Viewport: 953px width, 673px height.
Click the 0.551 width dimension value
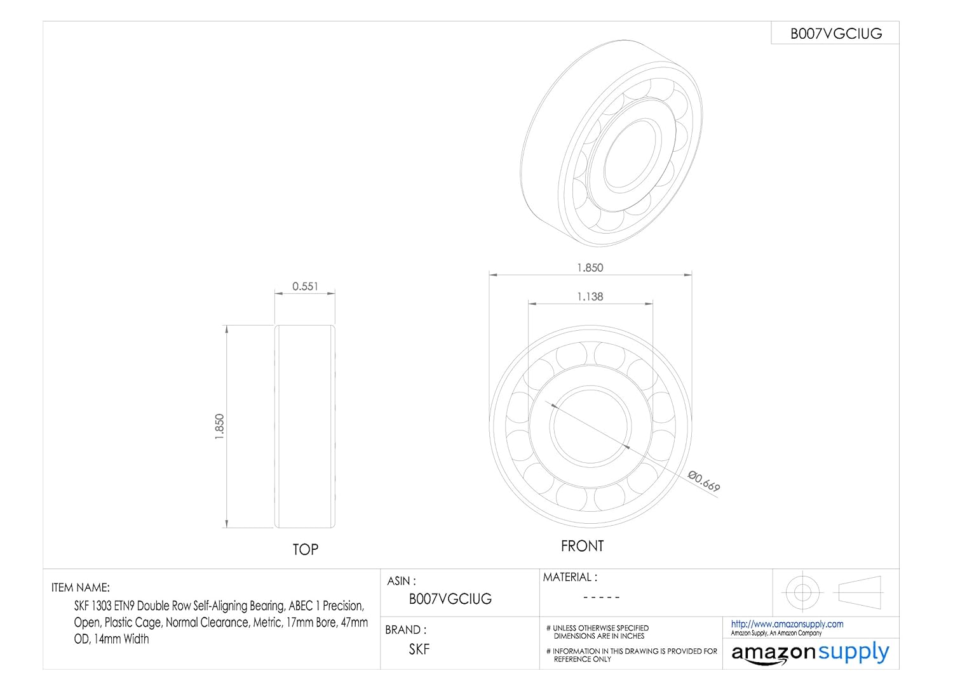click(305, 286)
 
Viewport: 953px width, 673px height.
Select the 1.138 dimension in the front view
click(590, 297)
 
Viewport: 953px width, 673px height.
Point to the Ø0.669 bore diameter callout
click(704, 481)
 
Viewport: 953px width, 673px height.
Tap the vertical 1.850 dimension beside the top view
click(219, 427)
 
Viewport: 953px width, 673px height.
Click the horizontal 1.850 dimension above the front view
click(590, 267)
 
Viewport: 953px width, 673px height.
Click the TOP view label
click(305, 550)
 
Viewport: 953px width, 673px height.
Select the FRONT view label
click(582, 546)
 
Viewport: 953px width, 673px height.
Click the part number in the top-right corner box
click(836, 34)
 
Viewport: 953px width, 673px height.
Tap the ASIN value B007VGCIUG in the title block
click(450, 599)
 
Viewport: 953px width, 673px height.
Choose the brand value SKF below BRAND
click(419, 649)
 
